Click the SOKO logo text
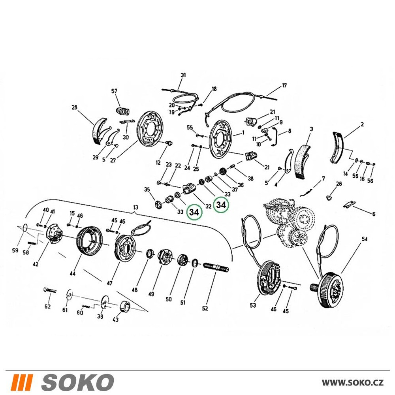(77, 382)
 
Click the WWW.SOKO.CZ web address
(353, 383)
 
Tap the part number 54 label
(365, 239)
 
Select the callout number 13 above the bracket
(135, 207)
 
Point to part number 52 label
(205, 308)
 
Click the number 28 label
(74, 107)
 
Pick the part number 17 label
(284, 86)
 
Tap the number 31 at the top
(183, 75)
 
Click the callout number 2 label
(362, 124)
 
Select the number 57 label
(115, 91)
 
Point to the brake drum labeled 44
(89, 240)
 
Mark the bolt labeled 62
(50, 291)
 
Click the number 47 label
(109, 283)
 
